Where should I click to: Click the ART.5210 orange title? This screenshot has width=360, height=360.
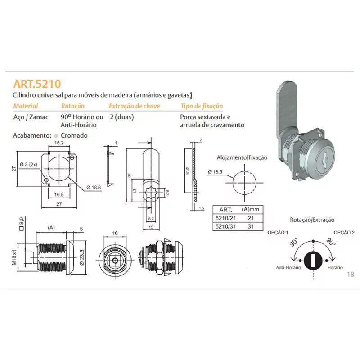coord(37,84)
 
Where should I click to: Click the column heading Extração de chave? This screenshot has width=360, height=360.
coord(134,106)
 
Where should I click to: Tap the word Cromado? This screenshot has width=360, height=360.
coord(74,135)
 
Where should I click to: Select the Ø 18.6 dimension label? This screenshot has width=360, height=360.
coord(94,188)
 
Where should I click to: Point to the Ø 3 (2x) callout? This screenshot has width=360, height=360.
coord(28,164)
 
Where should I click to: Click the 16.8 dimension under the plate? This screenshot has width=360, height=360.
coord(59,195)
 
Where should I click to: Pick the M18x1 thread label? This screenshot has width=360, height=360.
coord(14,257)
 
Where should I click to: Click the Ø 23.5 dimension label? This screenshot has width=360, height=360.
coord(82,257)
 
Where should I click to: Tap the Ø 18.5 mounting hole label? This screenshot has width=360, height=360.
coord(215,172)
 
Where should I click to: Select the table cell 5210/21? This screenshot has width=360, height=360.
coord(226,218)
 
